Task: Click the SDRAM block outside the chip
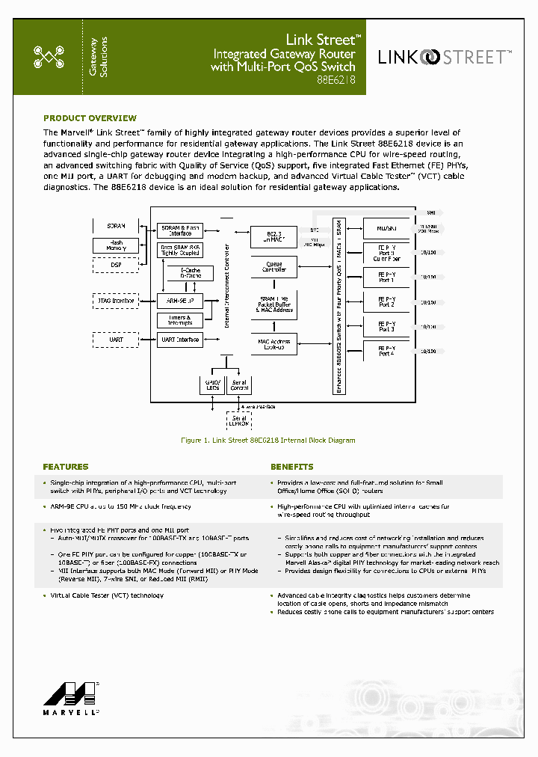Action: click(117, 225)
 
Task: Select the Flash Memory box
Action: click(117, 245)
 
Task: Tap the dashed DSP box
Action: click(117, 265)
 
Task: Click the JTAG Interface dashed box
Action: click(117, 301)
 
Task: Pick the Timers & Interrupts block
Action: click(180, 320)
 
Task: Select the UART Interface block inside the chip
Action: click(180, 340)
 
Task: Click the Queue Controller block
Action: click(273, 266)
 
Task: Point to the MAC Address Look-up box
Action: click(273, 344)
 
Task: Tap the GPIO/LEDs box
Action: click(213, 384)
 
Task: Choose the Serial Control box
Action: click(240, 384)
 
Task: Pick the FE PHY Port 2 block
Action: click(386, 301)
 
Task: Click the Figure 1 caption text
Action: click(268, 441)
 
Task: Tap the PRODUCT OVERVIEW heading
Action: click(90, 118)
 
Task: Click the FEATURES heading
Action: click(66, 467)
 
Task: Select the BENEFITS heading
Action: click(292, 467)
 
